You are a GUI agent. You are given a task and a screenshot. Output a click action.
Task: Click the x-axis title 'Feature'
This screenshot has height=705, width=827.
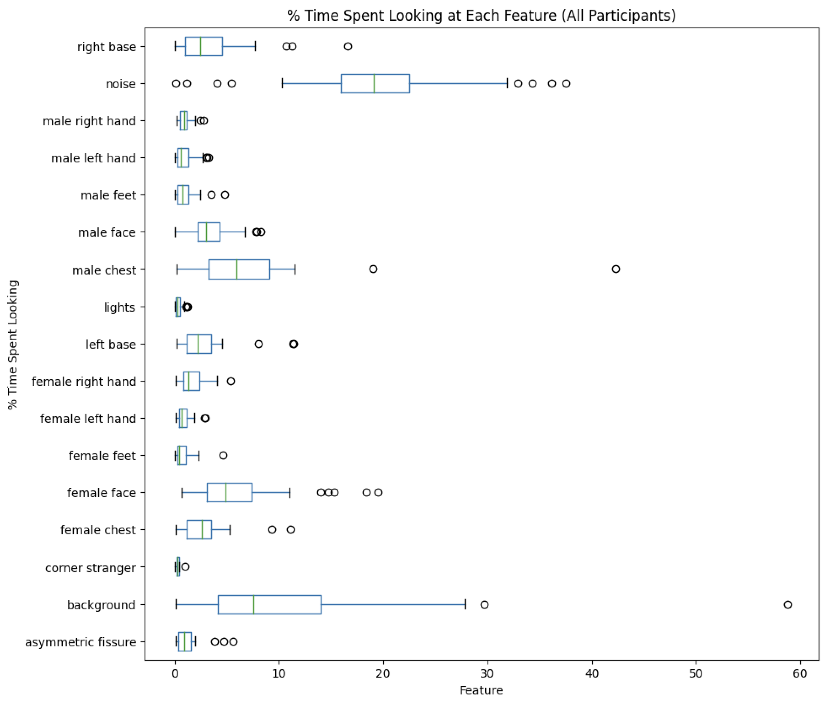coord(481,690)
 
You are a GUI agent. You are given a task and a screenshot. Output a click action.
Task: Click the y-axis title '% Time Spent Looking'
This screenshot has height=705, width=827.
coord(13,344)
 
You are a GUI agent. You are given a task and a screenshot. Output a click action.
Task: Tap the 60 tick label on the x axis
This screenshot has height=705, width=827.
coord(800,674)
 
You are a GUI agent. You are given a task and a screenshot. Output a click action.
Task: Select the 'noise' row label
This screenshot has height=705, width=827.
coord(121,84)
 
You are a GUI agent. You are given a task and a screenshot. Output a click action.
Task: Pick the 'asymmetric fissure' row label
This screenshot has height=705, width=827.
coord(81,642)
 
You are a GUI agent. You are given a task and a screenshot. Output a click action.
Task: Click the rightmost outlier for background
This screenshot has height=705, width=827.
coord(788,604)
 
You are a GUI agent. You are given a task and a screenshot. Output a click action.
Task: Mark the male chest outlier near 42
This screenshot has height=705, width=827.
coord(616,269)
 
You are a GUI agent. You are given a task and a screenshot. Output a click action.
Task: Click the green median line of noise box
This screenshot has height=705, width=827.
coord(374,84)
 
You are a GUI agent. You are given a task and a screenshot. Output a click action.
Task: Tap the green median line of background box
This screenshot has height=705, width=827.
coord(254,604)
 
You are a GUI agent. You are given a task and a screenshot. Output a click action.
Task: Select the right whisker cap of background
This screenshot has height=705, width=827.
coord(465,604)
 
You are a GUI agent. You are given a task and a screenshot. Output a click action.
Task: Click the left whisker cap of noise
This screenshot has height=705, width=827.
coord(282,84)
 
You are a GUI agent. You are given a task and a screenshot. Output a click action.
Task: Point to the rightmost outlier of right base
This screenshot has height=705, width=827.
coord(348,46)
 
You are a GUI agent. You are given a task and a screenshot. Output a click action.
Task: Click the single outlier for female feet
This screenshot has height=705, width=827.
coord(223,456)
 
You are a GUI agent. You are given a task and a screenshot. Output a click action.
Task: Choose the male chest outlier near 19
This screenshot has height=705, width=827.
coord(373,269)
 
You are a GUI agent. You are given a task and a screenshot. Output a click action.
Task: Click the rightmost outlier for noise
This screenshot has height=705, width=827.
coord(566,84)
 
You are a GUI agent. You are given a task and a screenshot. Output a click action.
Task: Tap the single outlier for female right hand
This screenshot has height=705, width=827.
coord(231,381)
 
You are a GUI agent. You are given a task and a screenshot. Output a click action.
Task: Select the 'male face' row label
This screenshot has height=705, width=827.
coord(107,232)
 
